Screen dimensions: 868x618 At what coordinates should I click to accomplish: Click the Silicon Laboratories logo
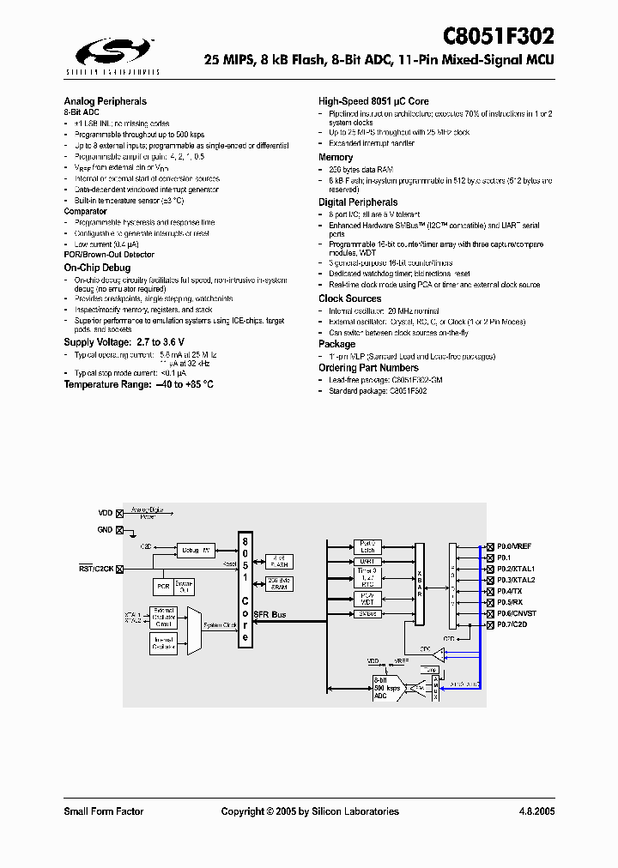click(x=111, y=56)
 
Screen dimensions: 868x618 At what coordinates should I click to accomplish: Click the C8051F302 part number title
click(x=498, y=36)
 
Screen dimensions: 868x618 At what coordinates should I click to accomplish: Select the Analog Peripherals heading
click(x=105, y=101)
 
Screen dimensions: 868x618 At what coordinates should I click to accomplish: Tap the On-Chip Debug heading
click(x=97, y=268)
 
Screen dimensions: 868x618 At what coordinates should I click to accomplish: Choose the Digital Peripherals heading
click(x=358, y=202)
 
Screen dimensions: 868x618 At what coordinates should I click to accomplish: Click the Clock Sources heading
click(x=349, y=298)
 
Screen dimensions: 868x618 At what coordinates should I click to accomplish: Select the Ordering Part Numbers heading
click(x=368, y=367)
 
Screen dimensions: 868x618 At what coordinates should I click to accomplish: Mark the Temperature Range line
click(x=138, y=384)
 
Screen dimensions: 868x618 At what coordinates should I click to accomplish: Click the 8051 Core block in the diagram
click(x=245, y=590)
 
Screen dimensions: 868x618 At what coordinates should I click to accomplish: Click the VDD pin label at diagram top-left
click(x=105, y=513)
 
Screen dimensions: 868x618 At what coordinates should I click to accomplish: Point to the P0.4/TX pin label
click(x=509, y=592)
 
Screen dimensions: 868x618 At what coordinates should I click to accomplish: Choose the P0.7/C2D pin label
click(x=512, y=625)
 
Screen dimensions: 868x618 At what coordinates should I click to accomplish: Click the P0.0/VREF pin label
click(x=513, y=546)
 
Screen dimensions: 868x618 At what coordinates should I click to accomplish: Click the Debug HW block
click(x=196, y=550)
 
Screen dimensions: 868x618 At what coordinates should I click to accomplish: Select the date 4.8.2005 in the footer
click(x=536, y=811)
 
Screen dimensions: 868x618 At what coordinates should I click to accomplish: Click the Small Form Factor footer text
click(x=103, y=811)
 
